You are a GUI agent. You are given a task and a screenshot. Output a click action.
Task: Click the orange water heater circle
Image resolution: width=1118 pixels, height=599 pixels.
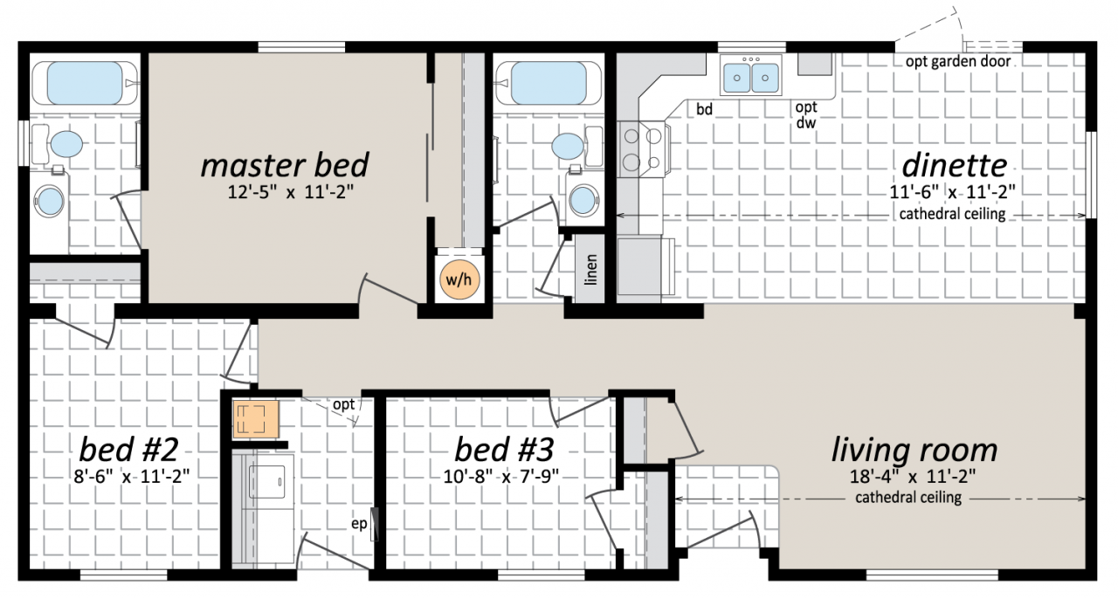point(459,279)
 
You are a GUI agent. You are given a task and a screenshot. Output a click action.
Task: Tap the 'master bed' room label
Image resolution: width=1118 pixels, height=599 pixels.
point(285,165)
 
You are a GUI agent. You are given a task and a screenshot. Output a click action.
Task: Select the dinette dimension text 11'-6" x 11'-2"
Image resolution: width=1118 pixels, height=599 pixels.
point(953,192)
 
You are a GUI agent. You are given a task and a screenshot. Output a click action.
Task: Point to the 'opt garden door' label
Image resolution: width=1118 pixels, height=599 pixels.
point(958,62)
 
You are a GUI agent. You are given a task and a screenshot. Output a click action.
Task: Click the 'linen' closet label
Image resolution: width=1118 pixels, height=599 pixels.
point(591,270)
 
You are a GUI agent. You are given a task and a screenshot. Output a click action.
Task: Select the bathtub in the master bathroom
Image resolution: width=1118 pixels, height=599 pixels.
point(85,83)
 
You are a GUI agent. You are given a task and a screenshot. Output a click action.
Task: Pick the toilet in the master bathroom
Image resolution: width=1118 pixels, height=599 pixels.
point(58,144)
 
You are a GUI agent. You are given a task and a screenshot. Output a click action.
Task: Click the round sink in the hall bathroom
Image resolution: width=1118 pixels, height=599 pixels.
point(583,200)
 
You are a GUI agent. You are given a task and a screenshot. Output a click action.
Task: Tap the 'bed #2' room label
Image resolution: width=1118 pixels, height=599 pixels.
point(128,449)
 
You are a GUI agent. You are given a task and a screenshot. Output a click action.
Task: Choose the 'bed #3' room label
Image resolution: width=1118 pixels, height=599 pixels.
point(504,449)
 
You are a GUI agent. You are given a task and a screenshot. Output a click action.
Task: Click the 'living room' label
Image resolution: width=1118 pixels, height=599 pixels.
point(914,451)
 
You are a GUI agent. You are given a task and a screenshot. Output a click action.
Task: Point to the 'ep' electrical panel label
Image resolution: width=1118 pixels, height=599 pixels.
point(359,524)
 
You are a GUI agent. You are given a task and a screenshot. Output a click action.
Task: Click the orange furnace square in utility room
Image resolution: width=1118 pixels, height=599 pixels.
point(256,419)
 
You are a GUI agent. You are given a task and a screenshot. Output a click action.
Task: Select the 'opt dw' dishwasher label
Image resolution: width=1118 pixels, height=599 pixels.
point(806,114)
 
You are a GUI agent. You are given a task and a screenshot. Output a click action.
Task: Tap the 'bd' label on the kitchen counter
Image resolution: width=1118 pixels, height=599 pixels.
point(704,109)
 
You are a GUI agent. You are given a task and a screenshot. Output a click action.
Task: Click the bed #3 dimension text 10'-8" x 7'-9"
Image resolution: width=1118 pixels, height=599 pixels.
point(501,476)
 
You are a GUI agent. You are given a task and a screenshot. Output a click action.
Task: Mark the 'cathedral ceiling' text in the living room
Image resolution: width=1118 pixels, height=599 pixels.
point(908,498)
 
